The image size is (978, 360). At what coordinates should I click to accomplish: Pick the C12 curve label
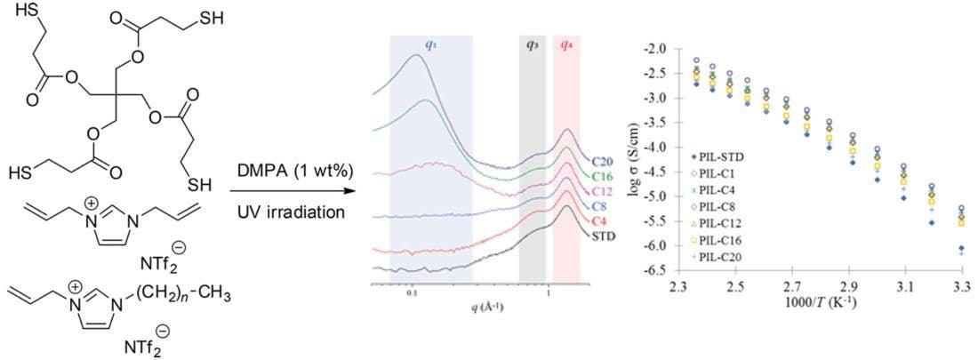point(600,191)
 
